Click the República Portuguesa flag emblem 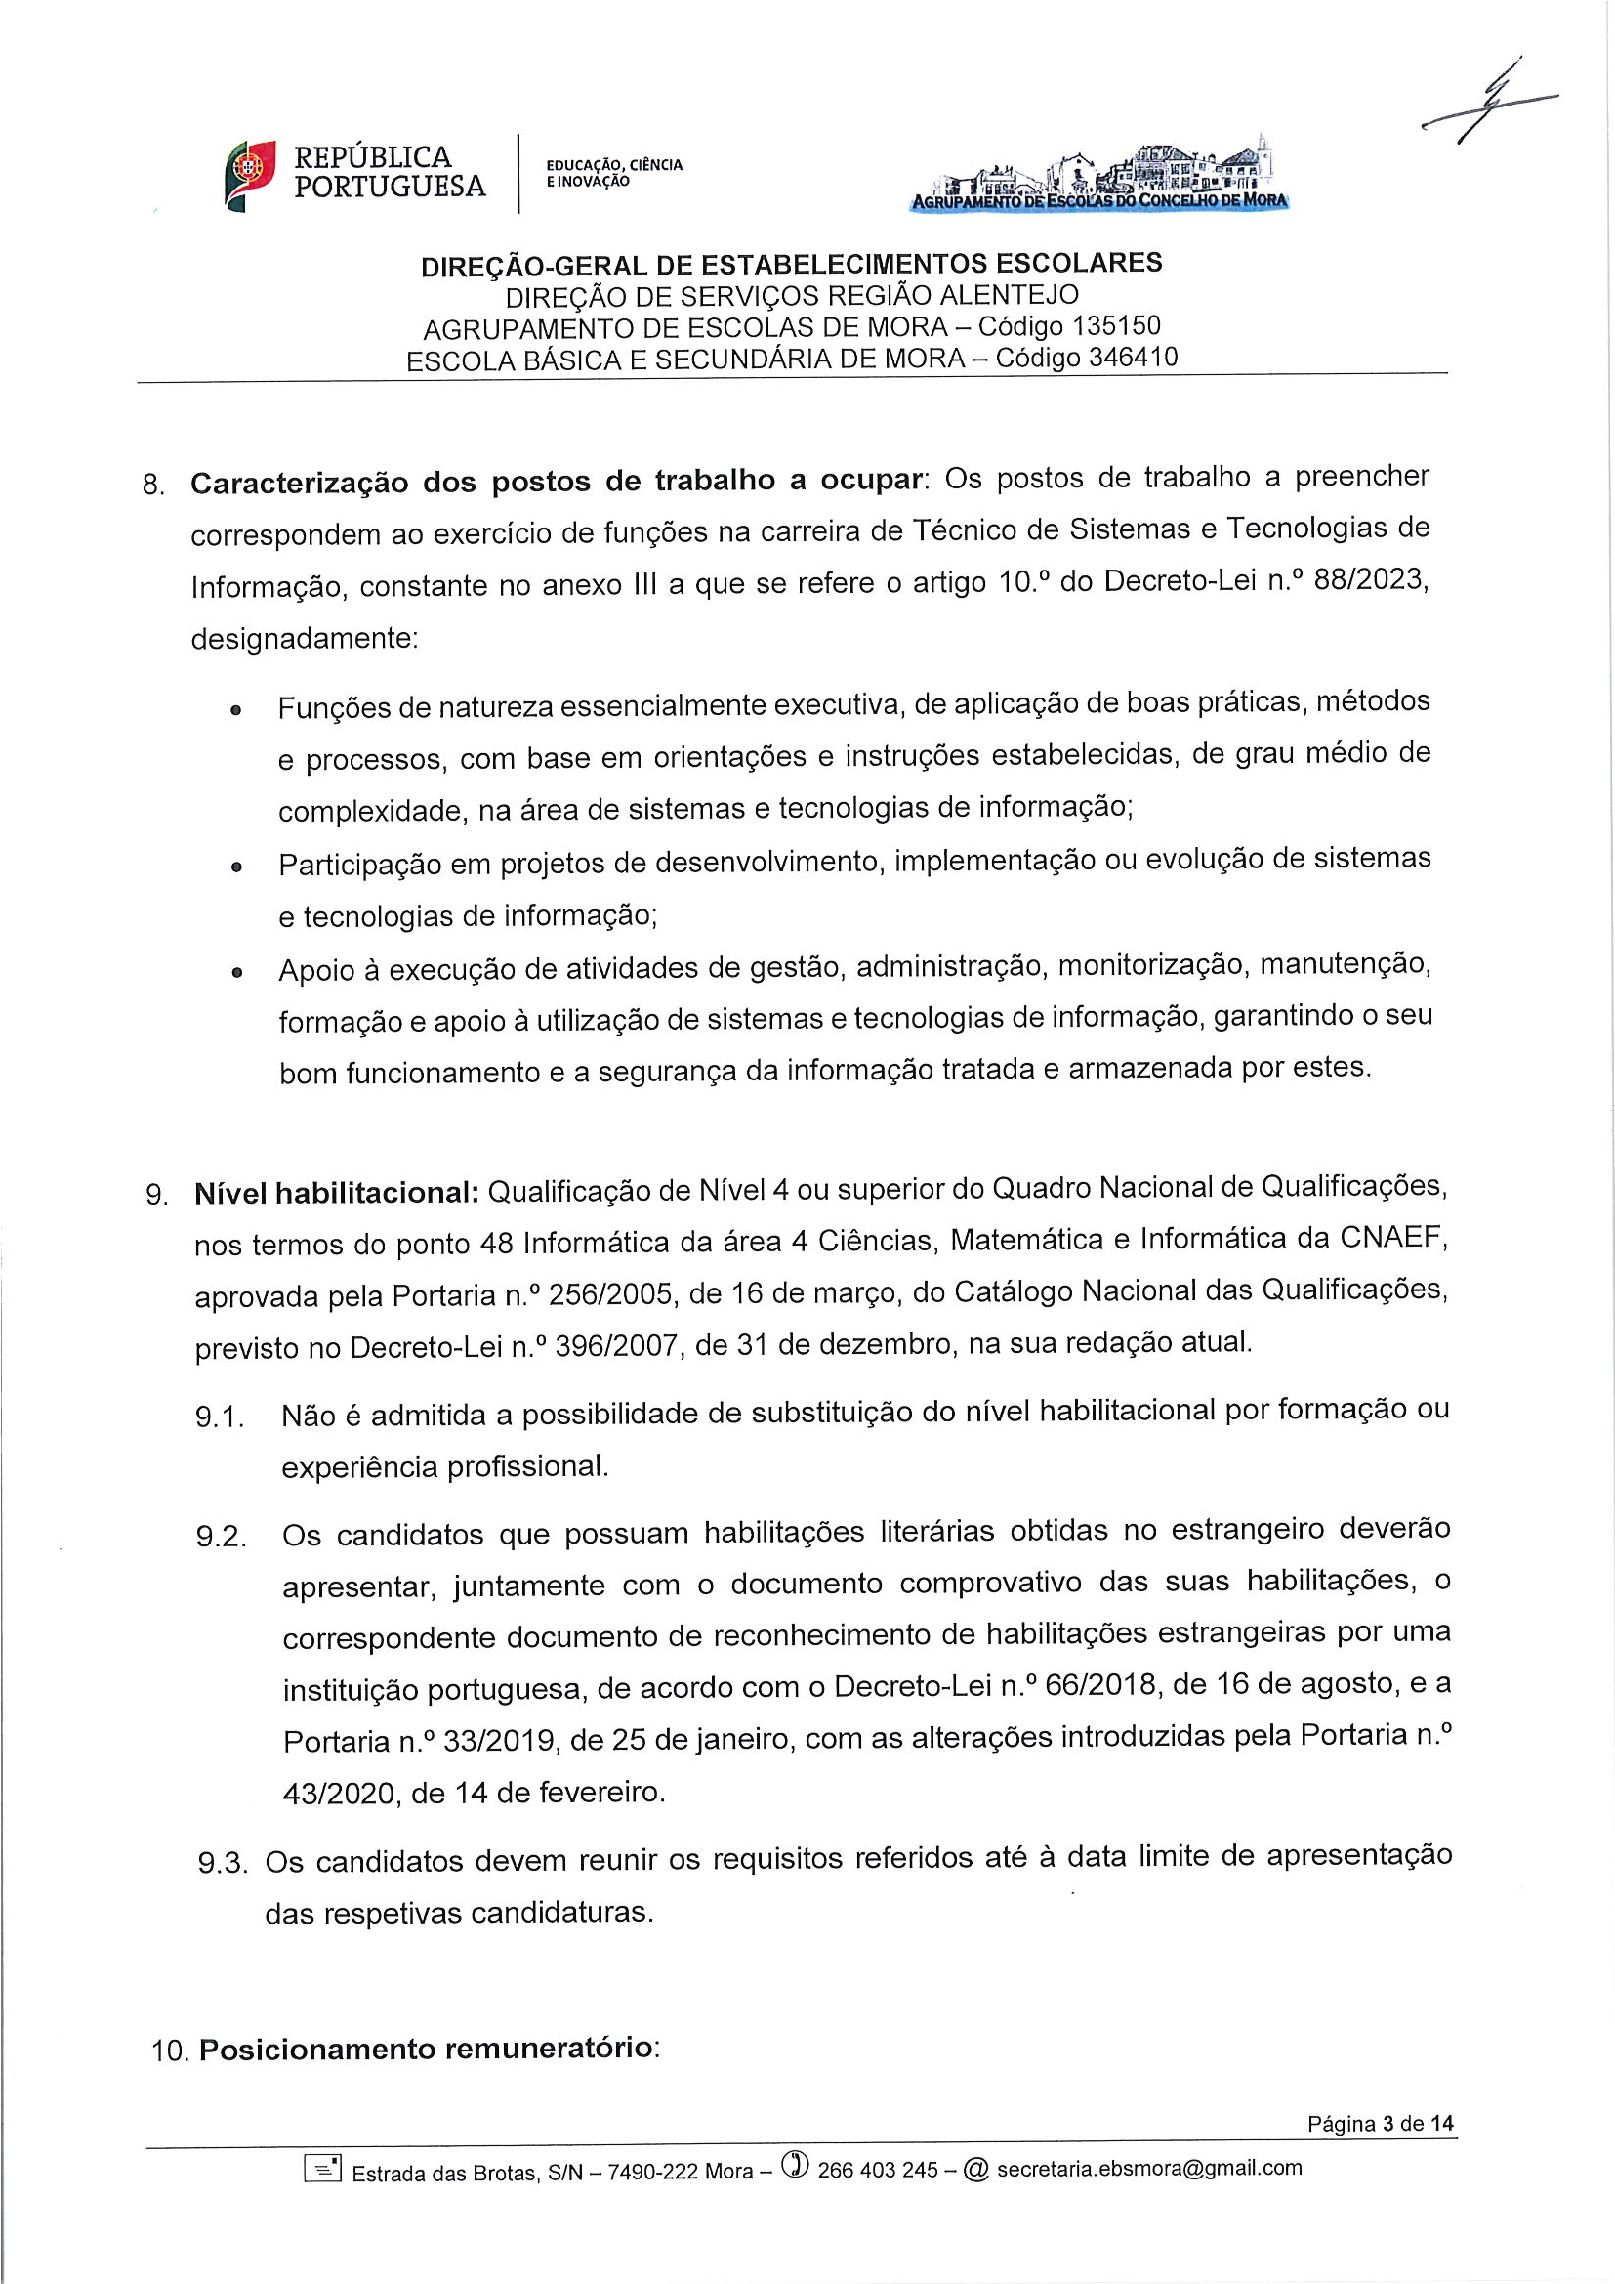(249, 175)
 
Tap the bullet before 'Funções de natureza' (235, 712)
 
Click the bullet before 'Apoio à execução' (235, 973)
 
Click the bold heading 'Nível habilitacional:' (337, 1194)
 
